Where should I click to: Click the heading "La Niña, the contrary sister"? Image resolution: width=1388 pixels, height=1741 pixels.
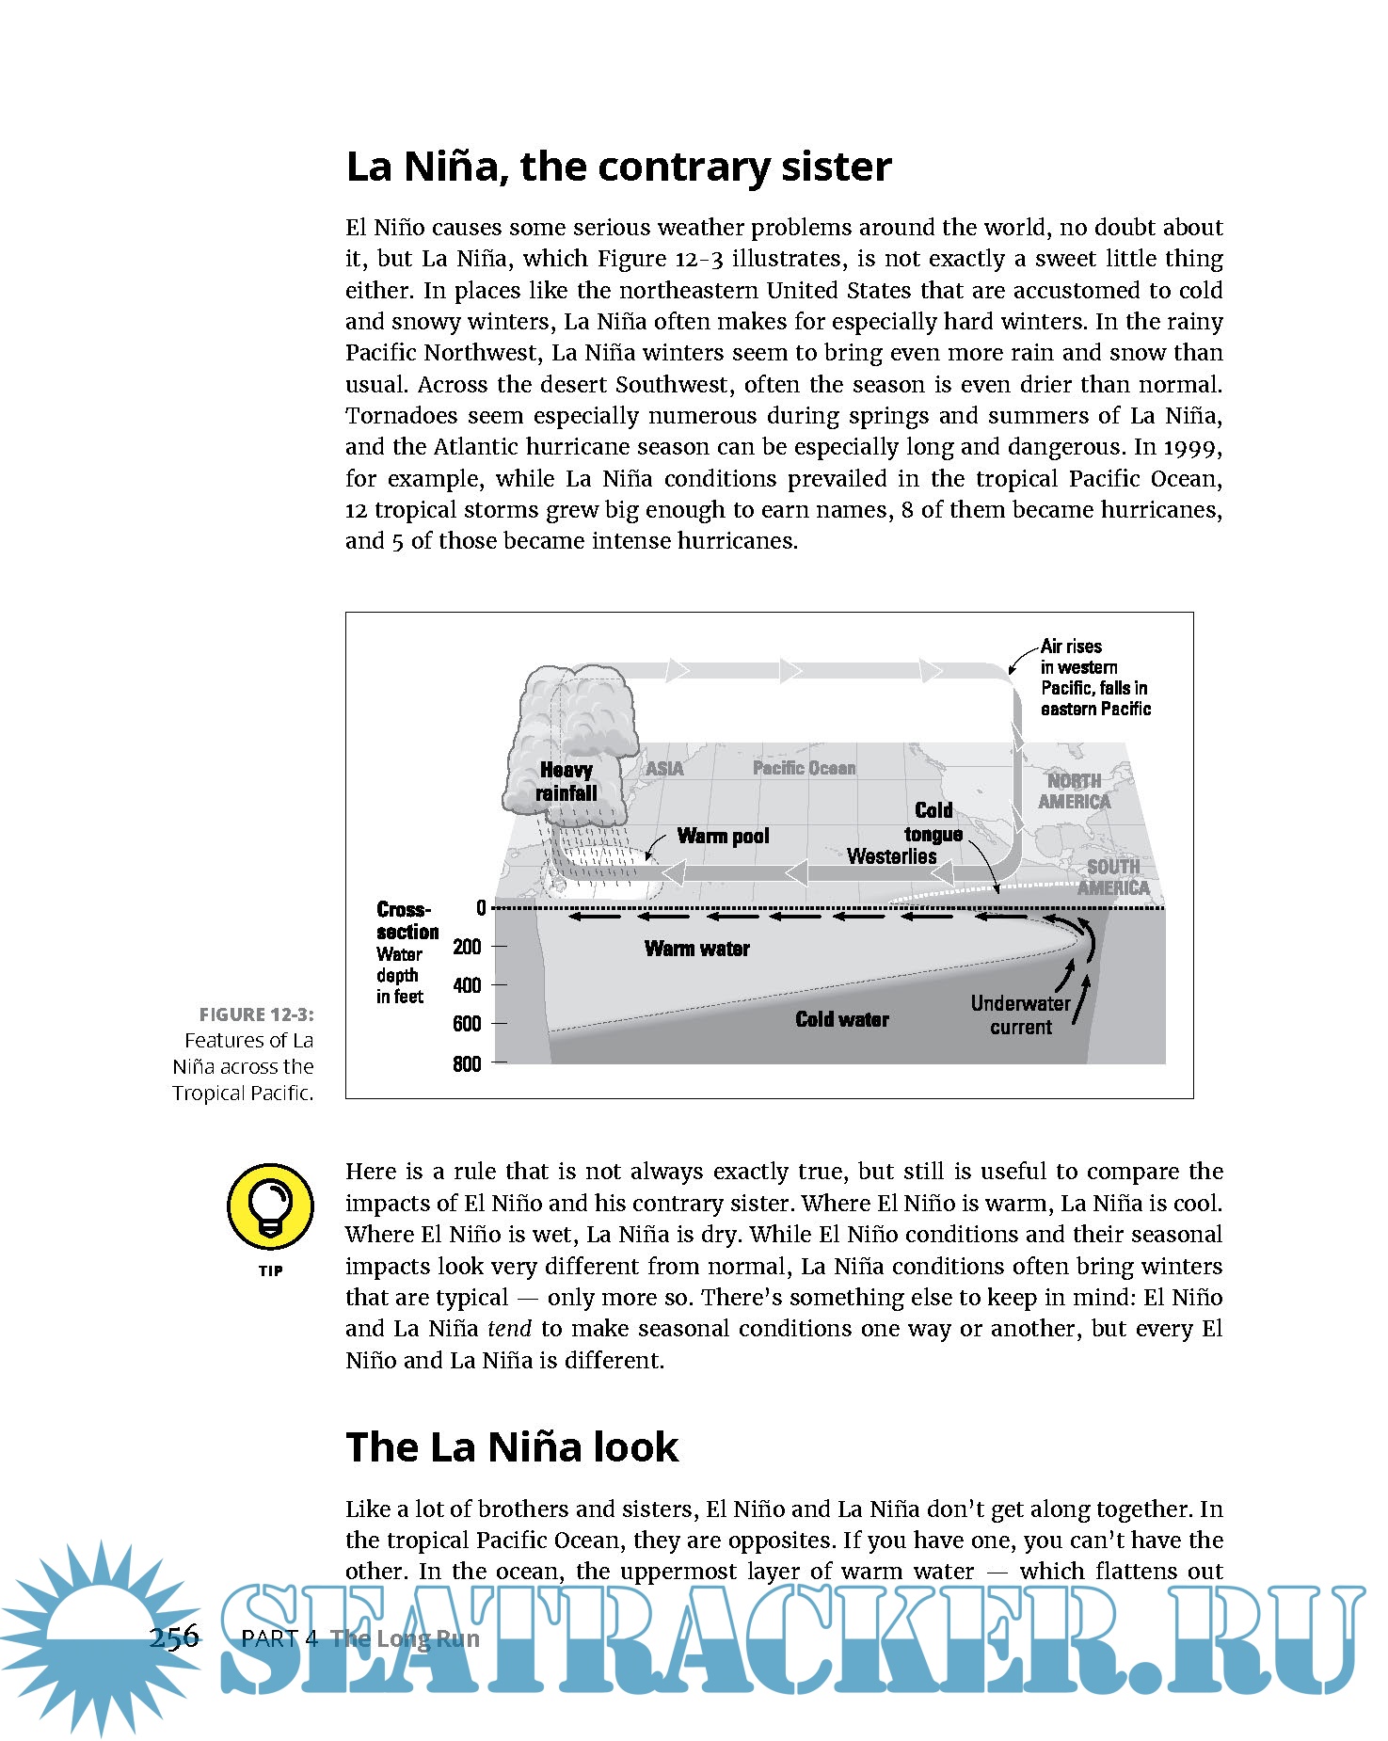point(618,167)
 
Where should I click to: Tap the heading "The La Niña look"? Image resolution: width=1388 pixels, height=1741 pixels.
point(511,1446)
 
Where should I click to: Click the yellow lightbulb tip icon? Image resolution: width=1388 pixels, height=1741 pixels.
point(270,1206)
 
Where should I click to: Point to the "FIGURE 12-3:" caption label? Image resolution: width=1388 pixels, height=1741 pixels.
point(256,1014)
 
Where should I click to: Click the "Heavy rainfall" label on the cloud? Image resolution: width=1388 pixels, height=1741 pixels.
point(566,782)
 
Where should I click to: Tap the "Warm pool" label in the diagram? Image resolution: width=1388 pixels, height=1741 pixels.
point(723,836)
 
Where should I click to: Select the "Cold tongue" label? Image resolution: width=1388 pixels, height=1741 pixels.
point(933,822)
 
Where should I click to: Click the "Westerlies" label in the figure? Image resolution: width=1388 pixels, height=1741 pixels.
point(891,856)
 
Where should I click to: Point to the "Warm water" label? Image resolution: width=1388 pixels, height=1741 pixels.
point(696,949)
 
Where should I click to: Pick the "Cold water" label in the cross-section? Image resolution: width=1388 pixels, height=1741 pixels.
point(841,1019)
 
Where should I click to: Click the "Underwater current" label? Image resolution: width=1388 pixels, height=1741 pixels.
point(1021,1014)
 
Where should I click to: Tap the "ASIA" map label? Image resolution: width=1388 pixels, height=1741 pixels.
point(664,769)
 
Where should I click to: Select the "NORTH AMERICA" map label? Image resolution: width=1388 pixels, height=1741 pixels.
point(1074,791)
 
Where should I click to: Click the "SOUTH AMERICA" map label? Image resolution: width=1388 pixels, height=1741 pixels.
point(1113,877)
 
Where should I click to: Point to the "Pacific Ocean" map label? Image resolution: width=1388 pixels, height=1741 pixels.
point(804,768)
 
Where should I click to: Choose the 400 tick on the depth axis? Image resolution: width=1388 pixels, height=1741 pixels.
point(467,985)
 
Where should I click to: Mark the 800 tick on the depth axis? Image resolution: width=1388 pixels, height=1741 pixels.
point(467,1063)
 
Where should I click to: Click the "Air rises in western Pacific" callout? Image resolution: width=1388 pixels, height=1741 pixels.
point(1094,678)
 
